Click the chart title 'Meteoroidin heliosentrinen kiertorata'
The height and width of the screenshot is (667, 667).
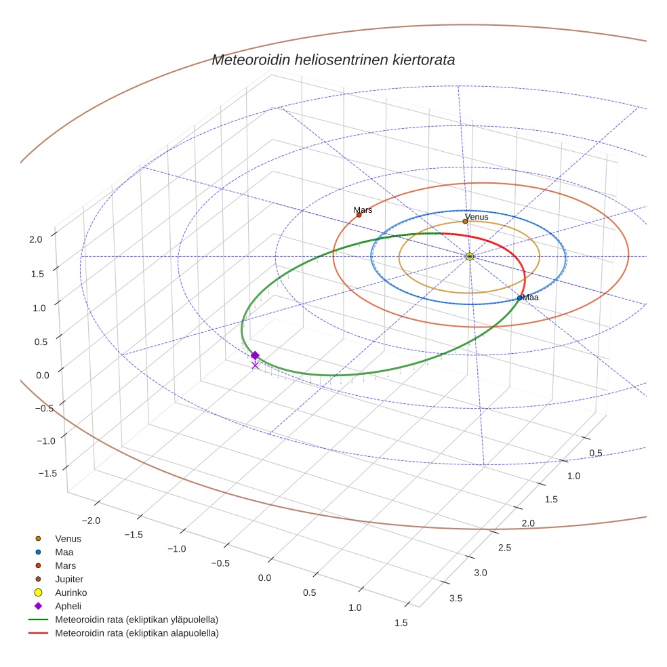click(333, 60)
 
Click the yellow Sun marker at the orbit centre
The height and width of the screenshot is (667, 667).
click(470, 256)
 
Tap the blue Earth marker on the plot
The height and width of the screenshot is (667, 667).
click(520, 298)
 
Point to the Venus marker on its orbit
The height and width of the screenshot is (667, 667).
click(465, 221)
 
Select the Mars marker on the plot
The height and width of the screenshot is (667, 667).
click(359, 214)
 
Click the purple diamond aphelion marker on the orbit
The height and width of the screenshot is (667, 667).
click(255, 355)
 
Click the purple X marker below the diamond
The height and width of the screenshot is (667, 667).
click(255, 365)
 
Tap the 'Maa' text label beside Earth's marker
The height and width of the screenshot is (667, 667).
click(531, 298)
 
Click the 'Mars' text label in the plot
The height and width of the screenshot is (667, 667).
click(363, 210)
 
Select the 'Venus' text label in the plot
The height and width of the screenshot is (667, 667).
click(477, 217)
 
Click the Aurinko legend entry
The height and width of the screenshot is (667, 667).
click(70, 592)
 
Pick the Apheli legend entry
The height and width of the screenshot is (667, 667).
click(68, 606)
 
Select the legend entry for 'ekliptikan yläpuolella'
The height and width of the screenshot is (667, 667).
click(136, 620)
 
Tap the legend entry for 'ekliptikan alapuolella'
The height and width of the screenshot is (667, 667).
click(136, 633)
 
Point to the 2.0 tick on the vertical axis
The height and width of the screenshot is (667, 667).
click(36, 239)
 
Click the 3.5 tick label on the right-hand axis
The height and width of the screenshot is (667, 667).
click(456, 598)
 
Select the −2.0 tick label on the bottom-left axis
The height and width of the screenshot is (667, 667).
click(90, 520)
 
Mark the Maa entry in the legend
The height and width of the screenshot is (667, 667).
click(64, 552)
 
